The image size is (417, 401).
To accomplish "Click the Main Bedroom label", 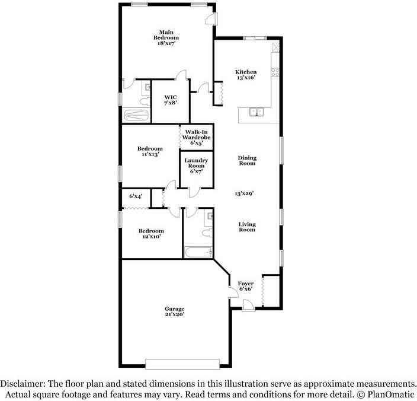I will point(166,37).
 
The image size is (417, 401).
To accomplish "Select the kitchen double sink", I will point(256,110).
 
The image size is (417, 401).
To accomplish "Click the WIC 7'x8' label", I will point(171,100).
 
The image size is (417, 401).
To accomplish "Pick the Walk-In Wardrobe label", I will point(197,137).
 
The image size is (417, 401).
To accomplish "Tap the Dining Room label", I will point(247,160).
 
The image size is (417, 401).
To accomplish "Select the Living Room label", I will point(247,227).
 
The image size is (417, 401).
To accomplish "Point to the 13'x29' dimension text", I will point(246,193).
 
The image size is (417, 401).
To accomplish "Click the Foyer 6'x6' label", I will point(246,287).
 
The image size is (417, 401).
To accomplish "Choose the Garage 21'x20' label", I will point(175,311).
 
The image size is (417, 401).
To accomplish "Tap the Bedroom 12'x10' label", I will point(151,234).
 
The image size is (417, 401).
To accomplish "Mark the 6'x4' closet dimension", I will point(136,196).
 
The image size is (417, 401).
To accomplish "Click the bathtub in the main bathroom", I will point(137,116).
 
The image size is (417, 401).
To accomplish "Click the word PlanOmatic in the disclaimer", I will point(392,394).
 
